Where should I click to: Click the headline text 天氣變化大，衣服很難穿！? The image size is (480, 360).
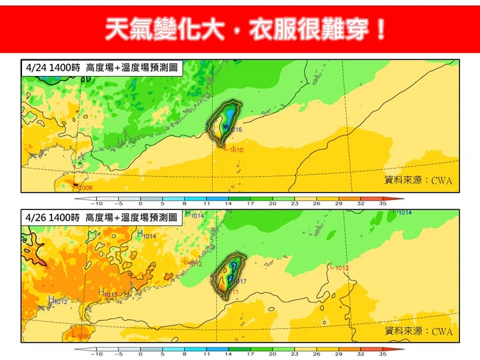[x=246, y=29]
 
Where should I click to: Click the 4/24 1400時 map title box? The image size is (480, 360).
[x=100, y=68]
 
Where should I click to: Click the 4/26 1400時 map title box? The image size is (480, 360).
[x=100, y=217]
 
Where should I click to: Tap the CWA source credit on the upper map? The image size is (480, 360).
[x=419, y=180]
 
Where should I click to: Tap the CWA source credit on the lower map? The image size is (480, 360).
[x=419, y=331]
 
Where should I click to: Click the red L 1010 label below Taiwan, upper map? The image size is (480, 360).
[x=233, y=150]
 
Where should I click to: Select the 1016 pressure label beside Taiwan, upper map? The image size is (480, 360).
[x=236, y=129]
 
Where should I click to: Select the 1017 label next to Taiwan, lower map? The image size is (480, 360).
[x=240, y=282]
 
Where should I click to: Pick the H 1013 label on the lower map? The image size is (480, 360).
[x=108, y=294]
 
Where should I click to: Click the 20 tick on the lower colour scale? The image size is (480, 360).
[x=273, y=354]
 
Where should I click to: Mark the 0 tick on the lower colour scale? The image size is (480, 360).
[x=141, y=354]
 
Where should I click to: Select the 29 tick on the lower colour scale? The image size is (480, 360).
[x=339, y=354]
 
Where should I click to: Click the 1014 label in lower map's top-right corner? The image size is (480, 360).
[x=404, y=213]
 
